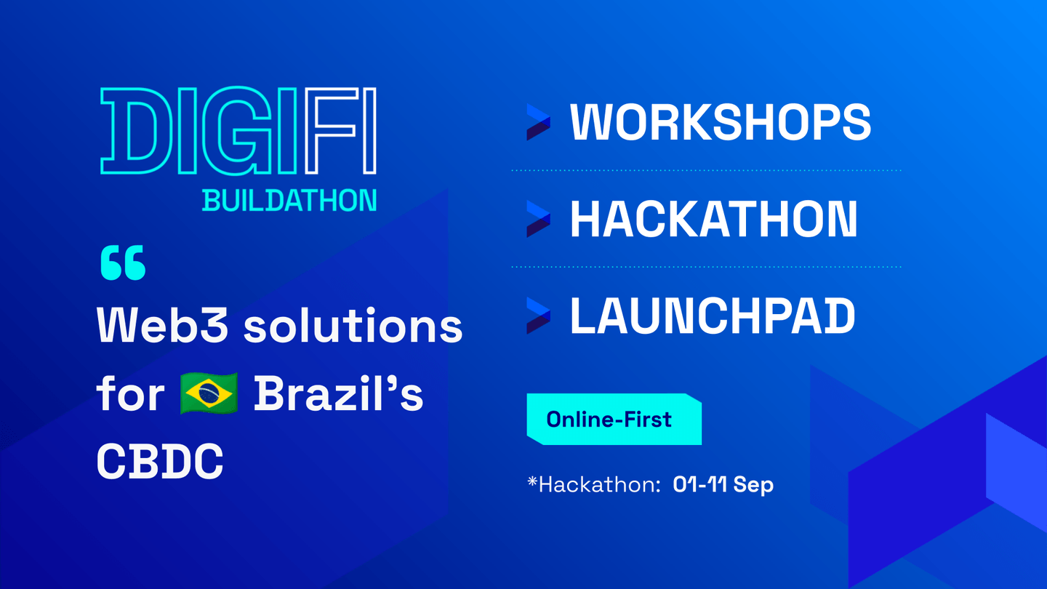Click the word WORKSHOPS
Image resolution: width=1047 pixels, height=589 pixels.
pyautogui.click(x=721, y=121)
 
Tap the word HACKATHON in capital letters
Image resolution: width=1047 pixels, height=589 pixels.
pyautogui.click(x=714, y=219)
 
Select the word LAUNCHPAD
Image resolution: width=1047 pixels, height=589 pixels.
pyautogui.click(x=713, y=316)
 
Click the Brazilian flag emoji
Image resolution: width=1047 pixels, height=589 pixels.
pyautogui.click(x=209, y=393)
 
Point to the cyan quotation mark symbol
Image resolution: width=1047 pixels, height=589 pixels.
pyautogui.click(x=123, y=263)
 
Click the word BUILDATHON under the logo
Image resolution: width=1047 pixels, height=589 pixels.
pyautogui.click(x=289, y=201)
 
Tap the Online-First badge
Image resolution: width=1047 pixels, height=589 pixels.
pyautogui.click(x=614, y=420)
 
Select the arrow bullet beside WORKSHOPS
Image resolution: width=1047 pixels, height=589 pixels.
pyautogui.click(x=538, y=122)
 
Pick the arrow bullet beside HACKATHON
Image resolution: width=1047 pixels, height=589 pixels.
pyautogui.click(x=538, y=219)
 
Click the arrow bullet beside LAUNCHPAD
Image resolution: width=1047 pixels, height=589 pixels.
pyautogui.click(x=538, y=316)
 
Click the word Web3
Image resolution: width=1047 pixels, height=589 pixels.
pyautogui.click(x=162, y=325)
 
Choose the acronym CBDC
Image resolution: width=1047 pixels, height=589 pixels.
pyautogui.click(x=160, y=461)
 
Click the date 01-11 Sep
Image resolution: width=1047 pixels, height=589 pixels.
pyautogui.click(x=723, y=484)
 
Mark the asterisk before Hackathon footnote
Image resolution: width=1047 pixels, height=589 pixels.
pyautogui.click(x=532, y=481)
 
